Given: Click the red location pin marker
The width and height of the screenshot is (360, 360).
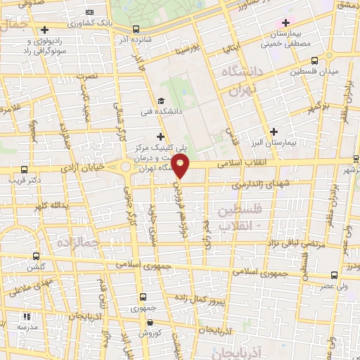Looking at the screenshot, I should (181, 166).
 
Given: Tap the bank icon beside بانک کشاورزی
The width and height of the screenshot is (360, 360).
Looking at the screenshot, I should (89, 12).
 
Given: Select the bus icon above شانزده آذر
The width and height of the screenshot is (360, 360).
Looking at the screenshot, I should (135, 30).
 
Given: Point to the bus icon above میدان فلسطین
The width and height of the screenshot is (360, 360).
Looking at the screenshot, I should (314, 60).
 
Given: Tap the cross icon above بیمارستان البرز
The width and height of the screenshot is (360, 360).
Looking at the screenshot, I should (274, 131).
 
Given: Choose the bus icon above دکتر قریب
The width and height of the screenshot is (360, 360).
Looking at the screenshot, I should (25, 170).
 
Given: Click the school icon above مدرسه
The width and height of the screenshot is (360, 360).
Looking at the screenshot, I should (27, 317).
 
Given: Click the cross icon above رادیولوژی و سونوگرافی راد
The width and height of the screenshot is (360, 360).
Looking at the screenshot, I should (45, 30).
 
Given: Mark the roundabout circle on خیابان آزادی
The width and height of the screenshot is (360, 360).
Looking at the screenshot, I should (126, 167).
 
